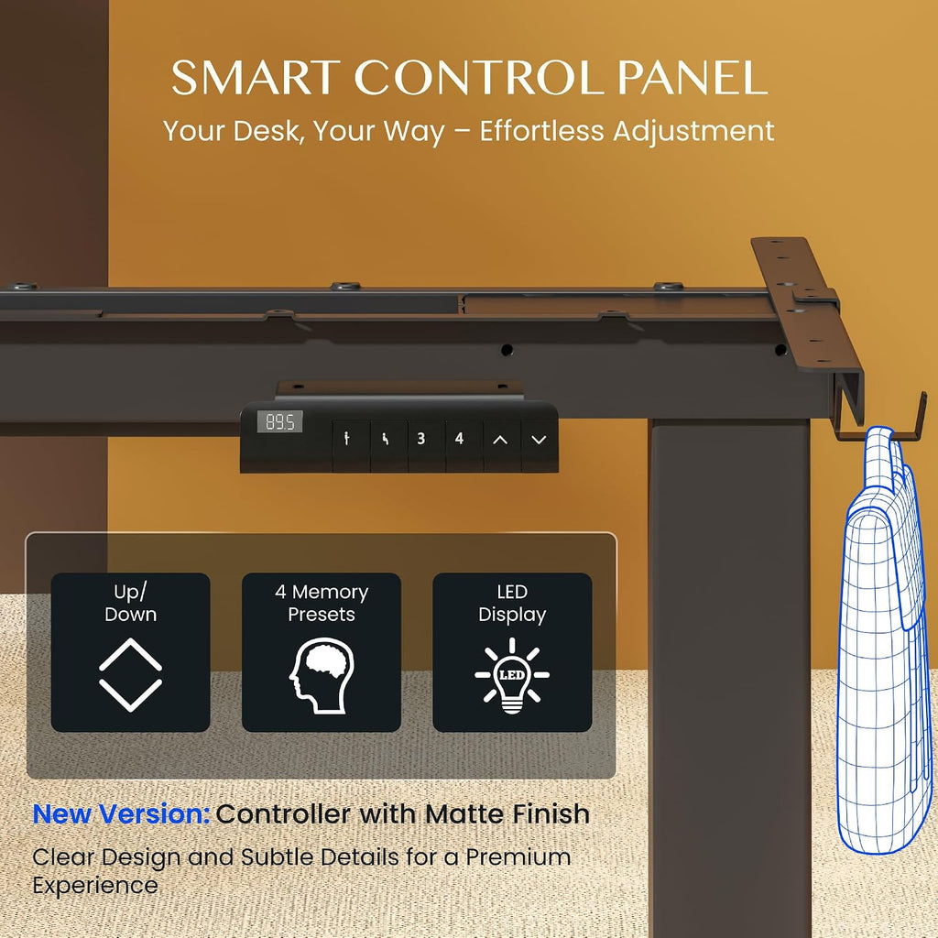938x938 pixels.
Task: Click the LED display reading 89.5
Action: click(x=280, y=421)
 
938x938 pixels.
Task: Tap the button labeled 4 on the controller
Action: click(x=459, y=440)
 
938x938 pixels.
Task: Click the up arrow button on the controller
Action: click(x=500, y=440)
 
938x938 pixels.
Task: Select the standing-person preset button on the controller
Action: click(x=347, y=440)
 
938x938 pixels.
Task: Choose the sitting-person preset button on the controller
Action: click(x=385, y=440)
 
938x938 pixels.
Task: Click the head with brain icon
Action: click(x=322, y=675)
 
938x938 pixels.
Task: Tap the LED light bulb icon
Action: click(x=512, y=675)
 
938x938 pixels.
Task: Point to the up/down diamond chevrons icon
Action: click(x=130, y=675)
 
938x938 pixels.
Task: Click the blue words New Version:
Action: click(x=121, y=813)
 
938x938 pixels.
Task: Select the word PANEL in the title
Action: click(x=693, y=78)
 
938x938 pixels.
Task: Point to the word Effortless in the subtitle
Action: click(x=541, y=131)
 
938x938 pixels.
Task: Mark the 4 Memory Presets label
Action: click(x=322, y=603)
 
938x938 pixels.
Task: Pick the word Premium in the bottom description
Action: click(x=518, y=856)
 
